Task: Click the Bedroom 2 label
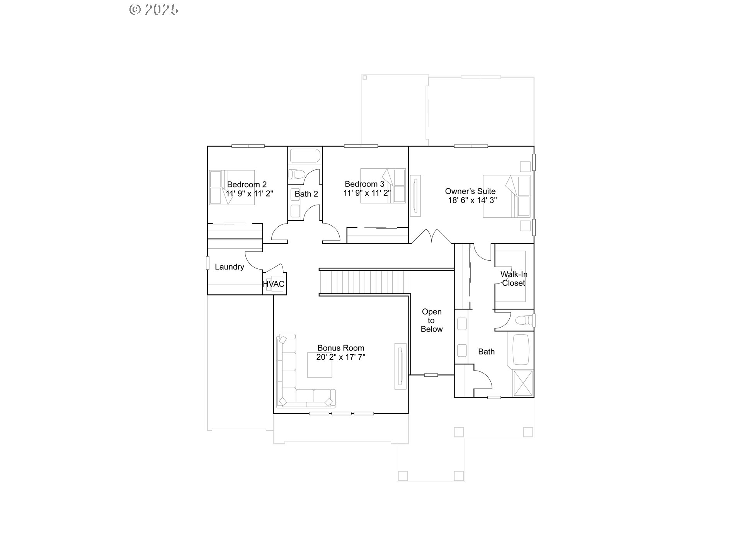(x=247, y=185)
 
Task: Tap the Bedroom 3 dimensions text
(x=367, y=193)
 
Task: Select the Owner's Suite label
(x=470, y=191)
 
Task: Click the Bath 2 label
(x=306, y=194)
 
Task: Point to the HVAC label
(x=274, y=284)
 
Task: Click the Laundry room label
(x=229, y=267)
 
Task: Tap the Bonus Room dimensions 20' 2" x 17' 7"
(x=340, y=357)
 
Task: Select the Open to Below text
(x=431, y=320)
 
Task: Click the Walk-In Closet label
(x=514, y=278)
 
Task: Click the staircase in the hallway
(x=364, y=282)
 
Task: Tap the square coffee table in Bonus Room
(x=319, y=365)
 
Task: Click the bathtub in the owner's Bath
(x=520, y=349)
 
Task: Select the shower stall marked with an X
(x=522, y=383)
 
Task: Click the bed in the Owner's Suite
(x=506, y=196)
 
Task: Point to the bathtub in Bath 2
(x=305, y=156)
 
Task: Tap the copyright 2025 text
(x=154, y=9)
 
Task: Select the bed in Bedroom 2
(x=232, y=187)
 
